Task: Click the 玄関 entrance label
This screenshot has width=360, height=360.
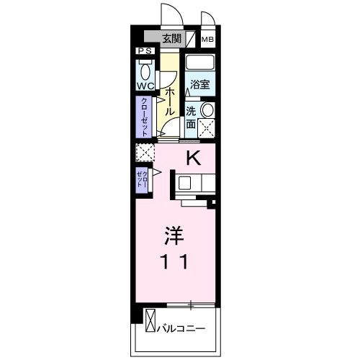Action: [x=171, y=40]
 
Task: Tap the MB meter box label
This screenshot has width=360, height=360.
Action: [x=207, y=40]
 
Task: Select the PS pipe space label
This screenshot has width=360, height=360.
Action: [x=144, y=52]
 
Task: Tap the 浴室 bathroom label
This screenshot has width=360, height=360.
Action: [x=200, y=85]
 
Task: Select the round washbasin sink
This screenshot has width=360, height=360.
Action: [x=207, y=110]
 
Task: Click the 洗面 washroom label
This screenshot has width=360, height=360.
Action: [x=191, y=117]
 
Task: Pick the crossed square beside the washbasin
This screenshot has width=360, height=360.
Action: [x=208, y=130]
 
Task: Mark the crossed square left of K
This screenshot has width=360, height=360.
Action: [x=145, y=153]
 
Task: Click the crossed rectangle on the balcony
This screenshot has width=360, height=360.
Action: [x=150, y=321]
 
